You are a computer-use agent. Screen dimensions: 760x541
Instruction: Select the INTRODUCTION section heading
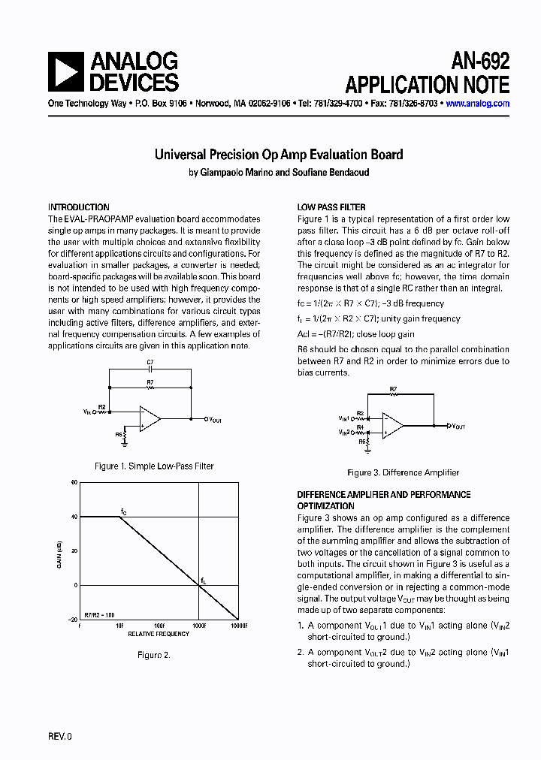(x=79, y=207)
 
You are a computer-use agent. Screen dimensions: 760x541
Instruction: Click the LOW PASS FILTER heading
(x=331, y=207)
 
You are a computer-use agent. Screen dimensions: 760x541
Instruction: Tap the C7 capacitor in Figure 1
(x=150, y=369)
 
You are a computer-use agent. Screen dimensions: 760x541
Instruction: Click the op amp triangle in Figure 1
(x=150, y=419)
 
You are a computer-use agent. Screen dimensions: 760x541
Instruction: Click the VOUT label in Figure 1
(x=215, y=420)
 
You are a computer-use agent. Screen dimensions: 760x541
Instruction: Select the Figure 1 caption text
(x=154, y=466)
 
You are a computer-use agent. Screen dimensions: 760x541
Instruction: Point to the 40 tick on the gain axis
(x=74, y=517)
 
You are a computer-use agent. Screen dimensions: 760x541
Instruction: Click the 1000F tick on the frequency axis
(x=199, y=625)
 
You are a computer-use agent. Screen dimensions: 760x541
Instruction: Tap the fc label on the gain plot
(x=124, y=511)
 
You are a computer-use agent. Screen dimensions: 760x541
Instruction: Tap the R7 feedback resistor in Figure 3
(x=393, y=394)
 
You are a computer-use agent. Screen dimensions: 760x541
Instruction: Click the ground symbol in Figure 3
(x=365, y=450)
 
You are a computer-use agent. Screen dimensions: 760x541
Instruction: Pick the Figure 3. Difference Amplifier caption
(x=403, y=473)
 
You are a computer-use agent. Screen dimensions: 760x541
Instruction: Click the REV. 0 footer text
(x=60, y=737)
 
